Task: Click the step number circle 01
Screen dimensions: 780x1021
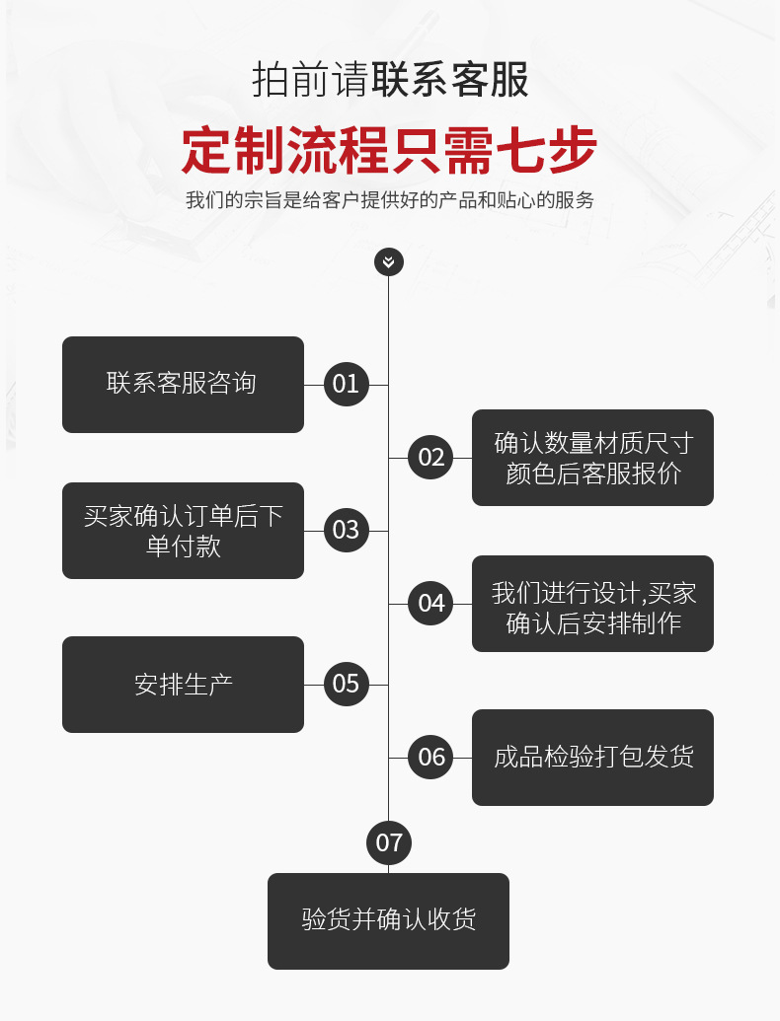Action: [x=346, y=384]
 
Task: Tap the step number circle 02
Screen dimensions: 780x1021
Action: [x=431, y=457]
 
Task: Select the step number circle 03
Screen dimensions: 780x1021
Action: [x=346, y=530]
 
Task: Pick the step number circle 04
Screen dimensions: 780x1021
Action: [x=431, y=603]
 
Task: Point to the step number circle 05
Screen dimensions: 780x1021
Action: [x=346, y=684]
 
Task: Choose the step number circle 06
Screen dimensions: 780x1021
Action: [x=431, y=757]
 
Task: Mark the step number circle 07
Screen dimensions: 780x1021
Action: [x=389, y=841]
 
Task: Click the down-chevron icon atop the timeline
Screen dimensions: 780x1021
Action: [x=389, y=261]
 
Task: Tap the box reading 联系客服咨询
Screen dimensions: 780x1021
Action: [x=183, y=384]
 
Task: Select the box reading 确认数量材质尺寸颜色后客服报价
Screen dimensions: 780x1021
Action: [x=592, y=457]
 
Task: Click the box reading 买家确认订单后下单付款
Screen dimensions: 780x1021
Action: [x=183, y=530]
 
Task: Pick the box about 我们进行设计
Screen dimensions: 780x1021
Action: [x=592, y=603]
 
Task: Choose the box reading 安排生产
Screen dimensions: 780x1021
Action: [x=183, y=684]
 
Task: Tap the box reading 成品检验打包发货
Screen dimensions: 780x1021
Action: [x=592, y=757]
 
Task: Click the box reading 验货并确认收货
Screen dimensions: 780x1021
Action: [x=388, y=920]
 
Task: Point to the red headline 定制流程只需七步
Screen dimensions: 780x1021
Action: [x=389, y=150]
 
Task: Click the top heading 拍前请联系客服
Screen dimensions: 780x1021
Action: [x=389, y=79]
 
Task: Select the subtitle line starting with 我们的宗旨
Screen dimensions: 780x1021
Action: [x=389, y=200]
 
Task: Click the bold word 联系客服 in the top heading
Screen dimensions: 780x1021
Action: [x=450, y=79]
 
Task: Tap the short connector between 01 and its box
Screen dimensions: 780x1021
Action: [x=314, y=385]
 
